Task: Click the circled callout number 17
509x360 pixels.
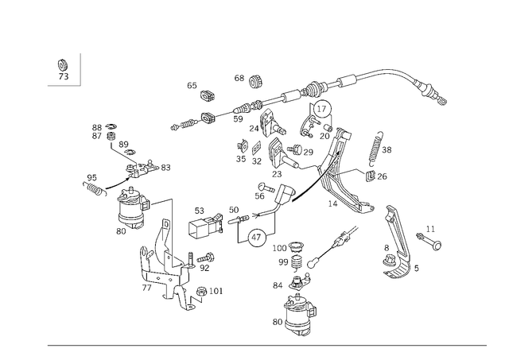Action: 321,109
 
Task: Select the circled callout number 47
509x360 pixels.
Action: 256,238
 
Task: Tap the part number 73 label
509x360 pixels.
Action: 64,76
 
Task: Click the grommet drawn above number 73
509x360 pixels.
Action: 62,65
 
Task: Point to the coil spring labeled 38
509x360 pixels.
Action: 376,148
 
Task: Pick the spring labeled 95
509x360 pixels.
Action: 95,189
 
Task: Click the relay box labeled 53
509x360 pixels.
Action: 205,224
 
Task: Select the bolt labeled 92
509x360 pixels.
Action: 207,257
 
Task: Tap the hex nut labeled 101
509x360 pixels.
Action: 201,291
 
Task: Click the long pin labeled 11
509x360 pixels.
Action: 429,241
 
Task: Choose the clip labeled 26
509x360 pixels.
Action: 370,176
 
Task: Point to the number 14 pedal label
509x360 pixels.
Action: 332,203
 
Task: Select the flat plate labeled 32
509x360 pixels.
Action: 256,148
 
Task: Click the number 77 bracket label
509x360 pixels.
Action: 146,288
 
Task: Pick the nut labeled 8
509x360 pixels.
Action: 389,261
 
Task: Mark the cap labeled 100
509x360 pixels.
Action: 295,246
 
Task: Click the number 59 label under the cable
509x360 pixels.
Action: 238,119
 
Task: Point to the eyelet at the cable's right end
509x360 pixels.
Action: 443,102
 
